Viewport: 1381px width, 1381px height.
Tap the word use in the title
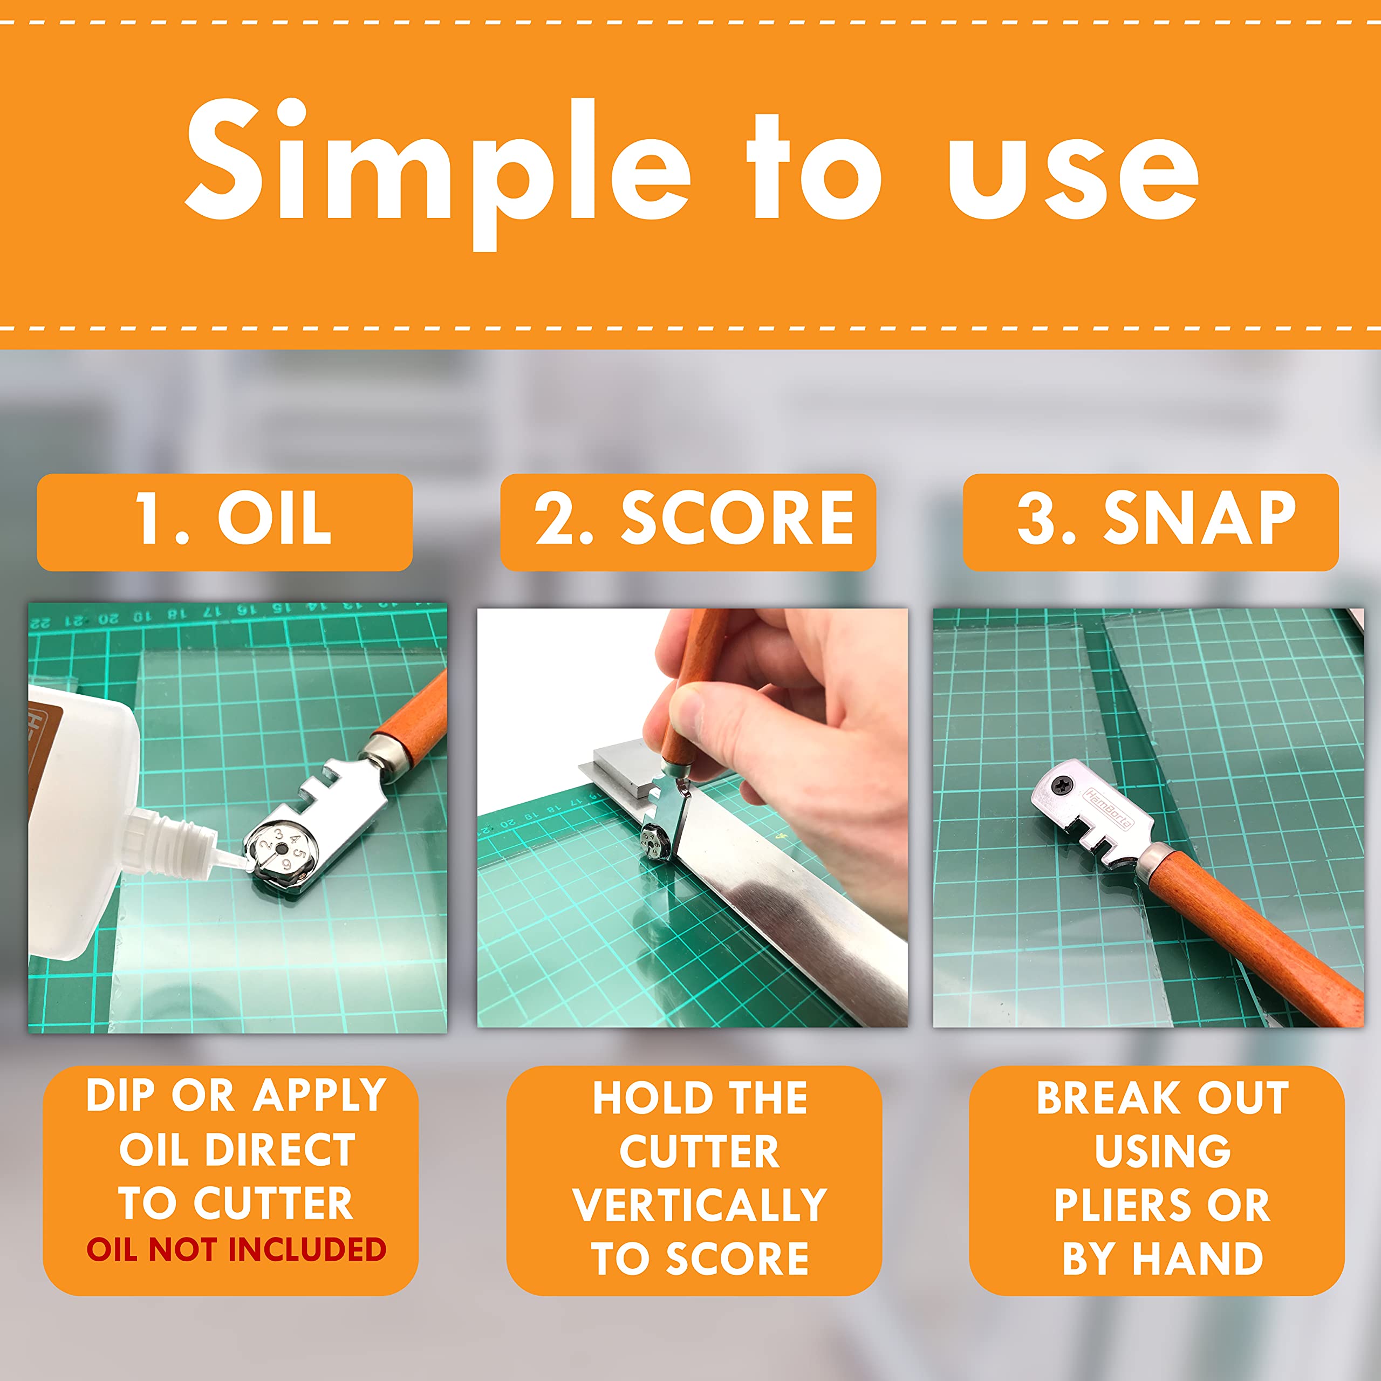(1073, 175)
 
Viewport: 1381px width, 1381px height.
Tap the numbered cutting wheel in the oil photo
(281, 850)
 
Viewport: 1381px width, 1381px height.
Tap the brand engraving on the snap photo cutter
(1109, 808)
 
